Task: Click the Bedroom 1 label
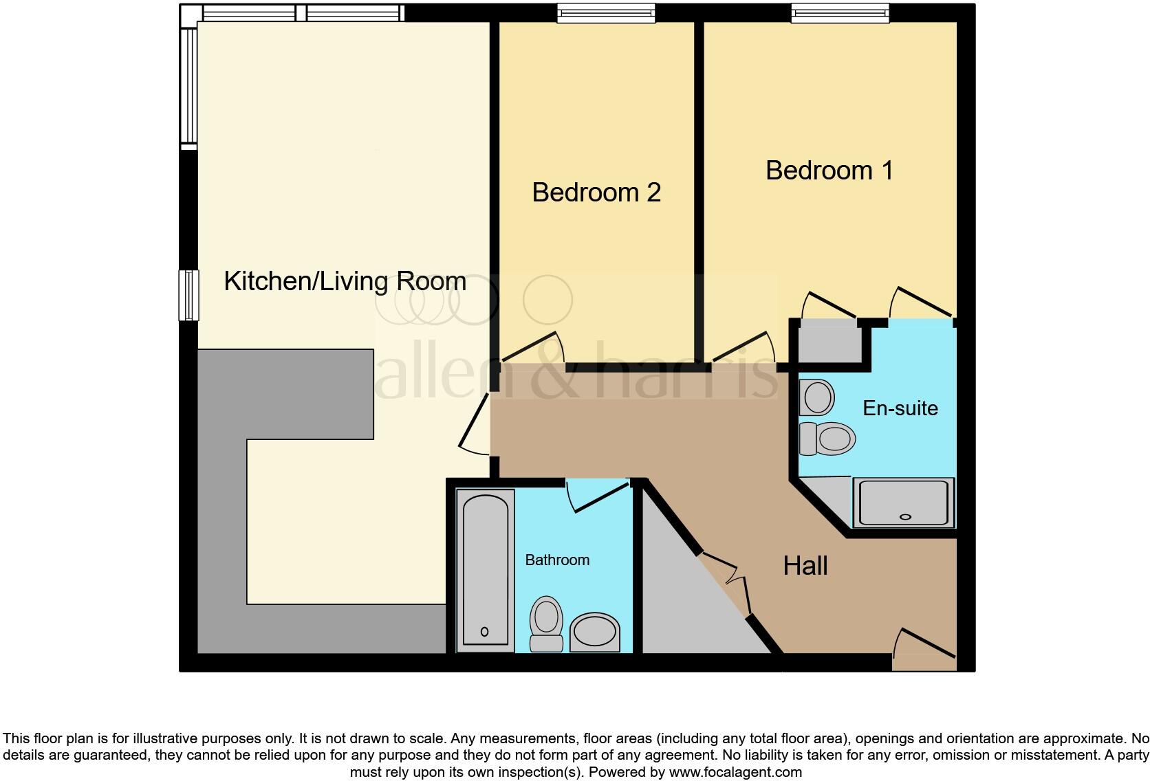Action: click(829, 170)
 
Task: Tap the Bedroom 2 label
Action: click(596, 192)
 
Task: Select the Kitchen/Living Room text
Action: click(345, 281)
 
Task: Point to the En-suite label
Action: click(900, 408)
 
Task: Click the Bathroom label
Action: click(556, 560)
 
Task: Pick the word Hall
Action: click(805, 566)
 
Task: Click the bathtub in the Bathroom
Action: click(485, 569)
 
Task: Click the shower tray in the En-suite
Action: click(904, 503)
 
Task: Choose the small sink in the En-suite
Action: click(817, 397)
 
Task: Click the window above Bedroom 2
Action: click(605, 13)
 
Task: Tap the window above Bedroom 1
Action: click(840, 13)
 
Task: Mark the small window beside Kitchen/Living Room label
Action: click(188, 295)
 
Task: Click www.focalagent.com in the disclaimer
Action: click(735, 772)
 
